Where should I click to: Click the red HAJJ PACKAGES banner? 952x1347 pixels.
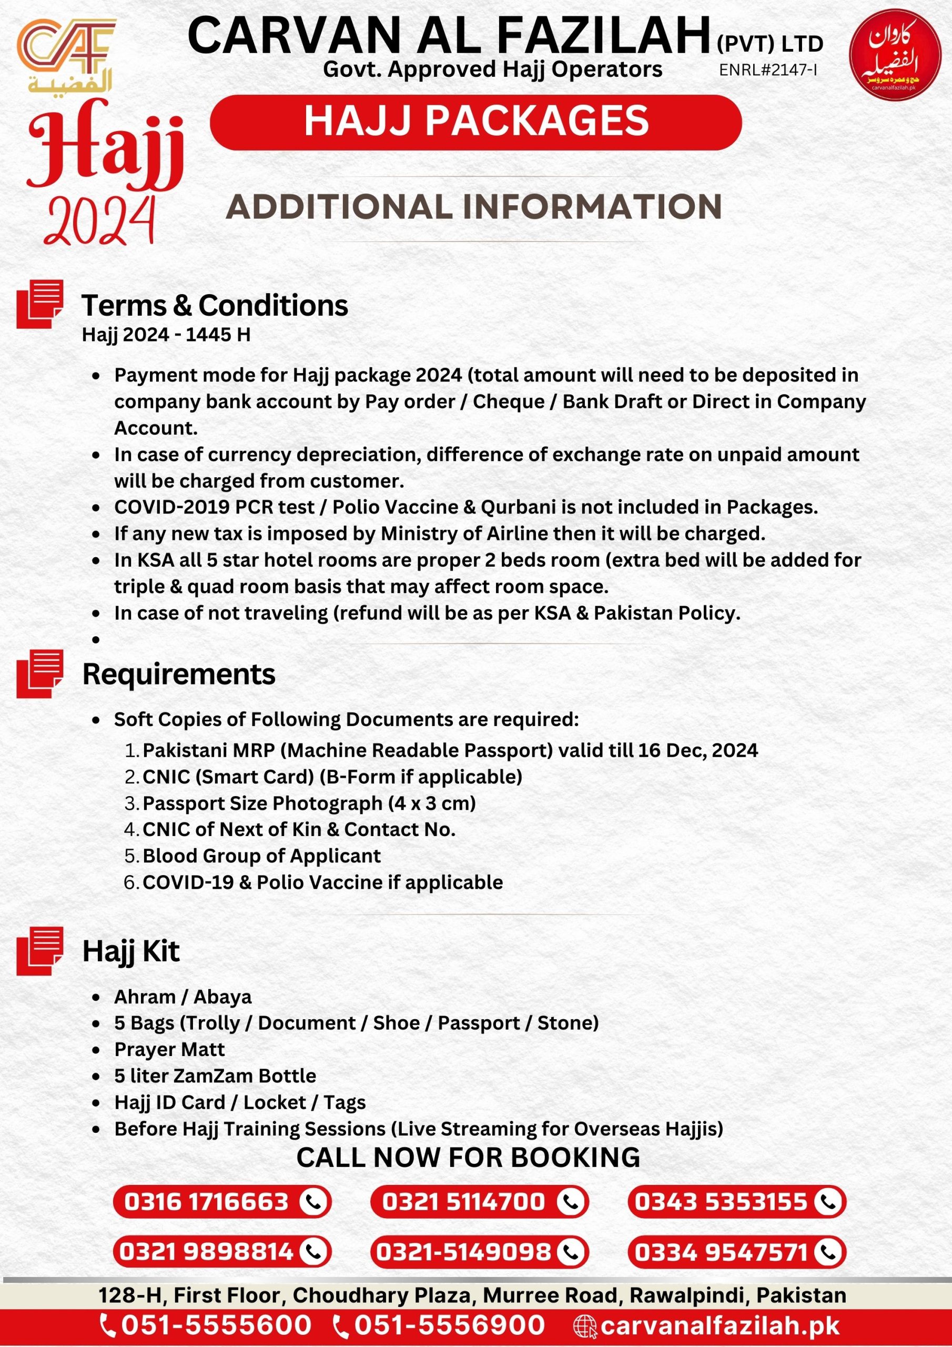(475, 122)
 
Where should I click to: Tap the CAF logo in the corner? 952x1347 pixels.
(66, 54)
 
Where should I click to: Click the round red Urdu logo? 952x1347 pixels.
(895, 55)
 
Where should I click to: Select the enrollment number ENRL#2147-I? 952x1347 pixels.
(768, 70)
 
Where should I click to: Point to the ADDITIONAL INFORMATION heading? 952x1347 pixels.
(474, 207)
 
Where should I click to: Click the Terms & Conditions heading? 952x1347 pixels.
(215, 305)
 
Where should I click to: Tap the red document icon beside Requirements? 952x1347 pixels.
(40, 673)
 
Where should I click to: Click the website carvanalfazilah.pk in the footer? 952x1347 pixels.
(720, 1325)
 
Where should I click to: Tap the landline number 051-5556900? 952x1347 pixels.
(449, 1325)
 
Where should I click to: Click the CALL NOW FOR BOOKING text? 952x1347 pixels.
(468, 1158)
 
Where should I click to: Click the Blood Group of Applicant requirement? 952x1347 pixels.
(261, 856)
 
